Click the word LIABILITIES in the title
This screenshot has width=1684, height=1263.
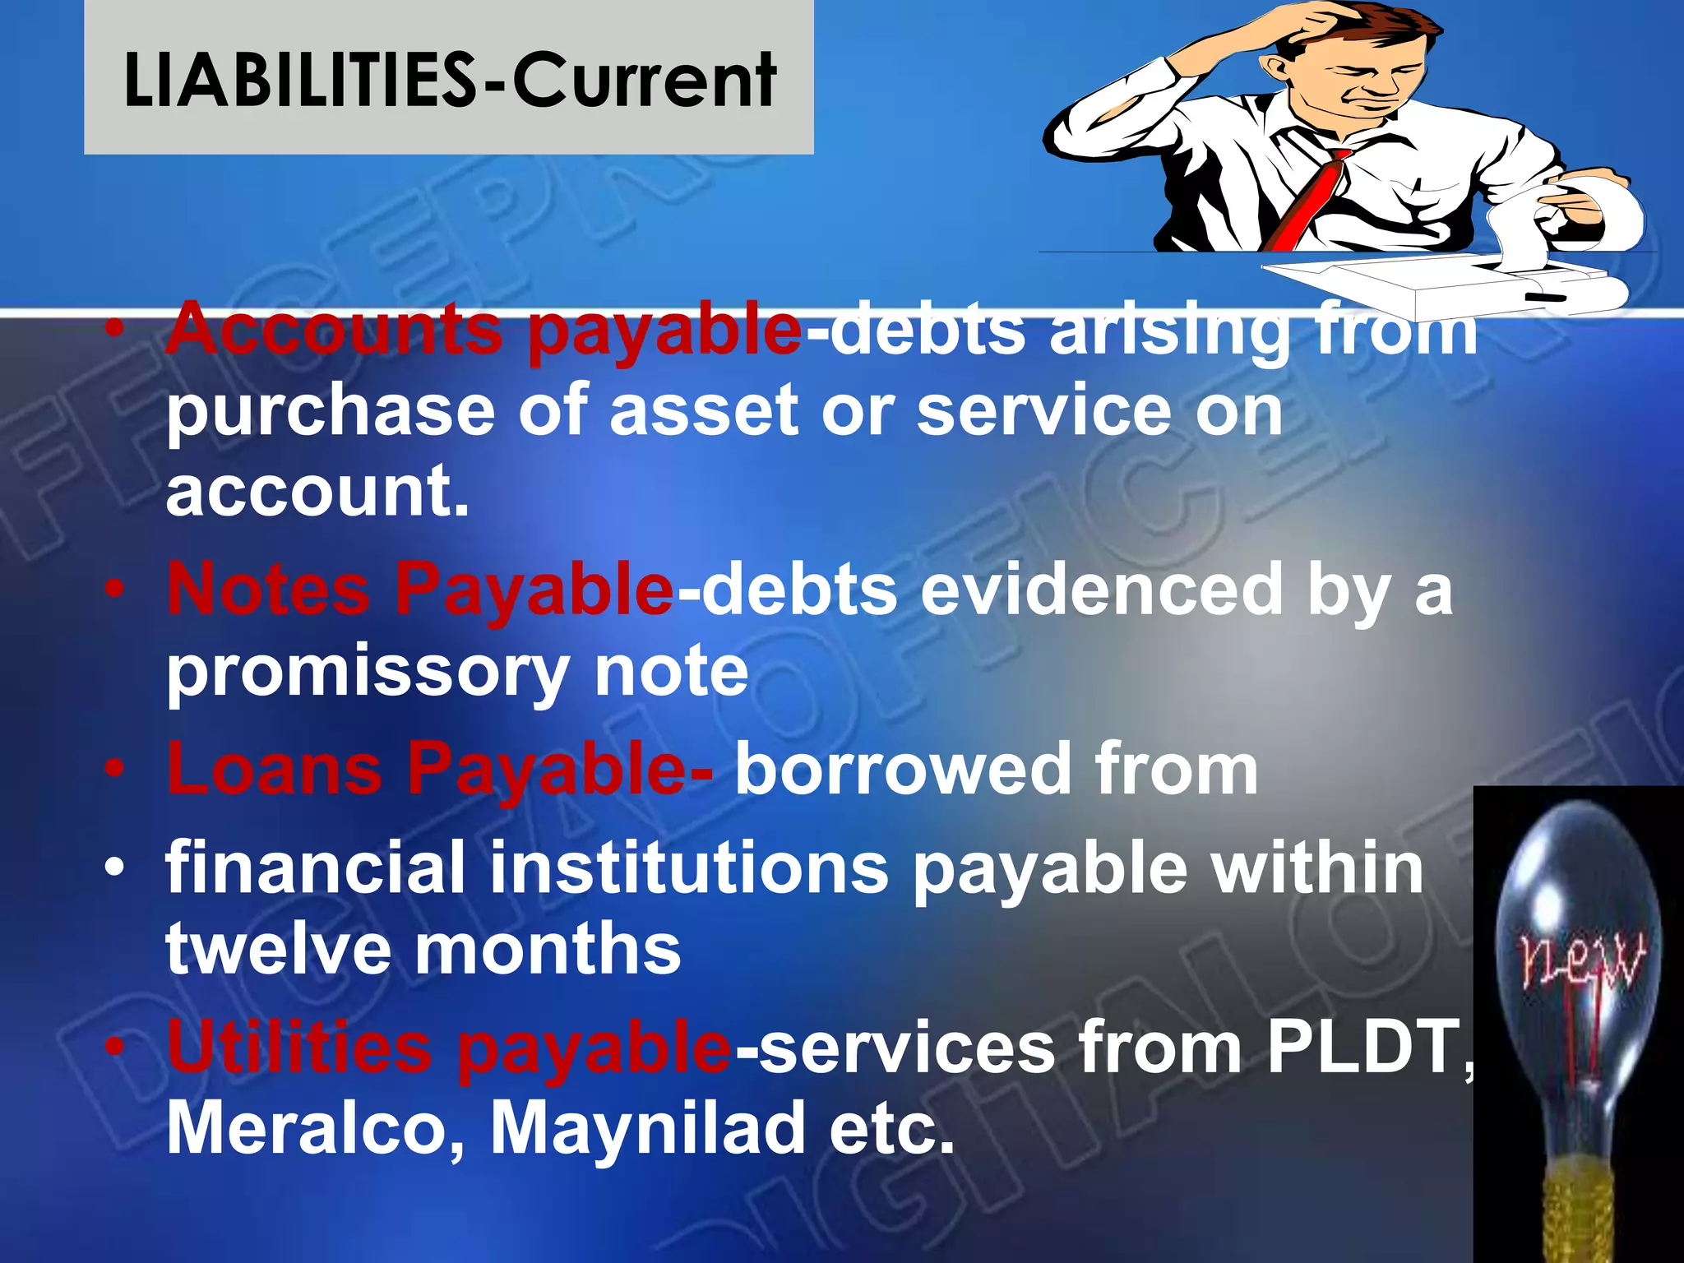click(x=300, y=80)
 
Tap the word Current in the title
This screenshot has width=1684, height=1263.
click(x=644, y=80)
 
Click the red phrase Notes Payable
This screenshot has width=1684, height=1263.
click(x=420, y=590)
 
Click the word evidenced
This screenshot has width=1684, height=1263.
click(x=1101, y=590)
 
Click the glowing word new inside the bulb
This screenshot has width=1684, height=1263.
click(x=1582, y=959)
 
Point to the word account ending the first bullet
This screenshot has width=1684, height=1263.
click(x=317, y=492)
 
